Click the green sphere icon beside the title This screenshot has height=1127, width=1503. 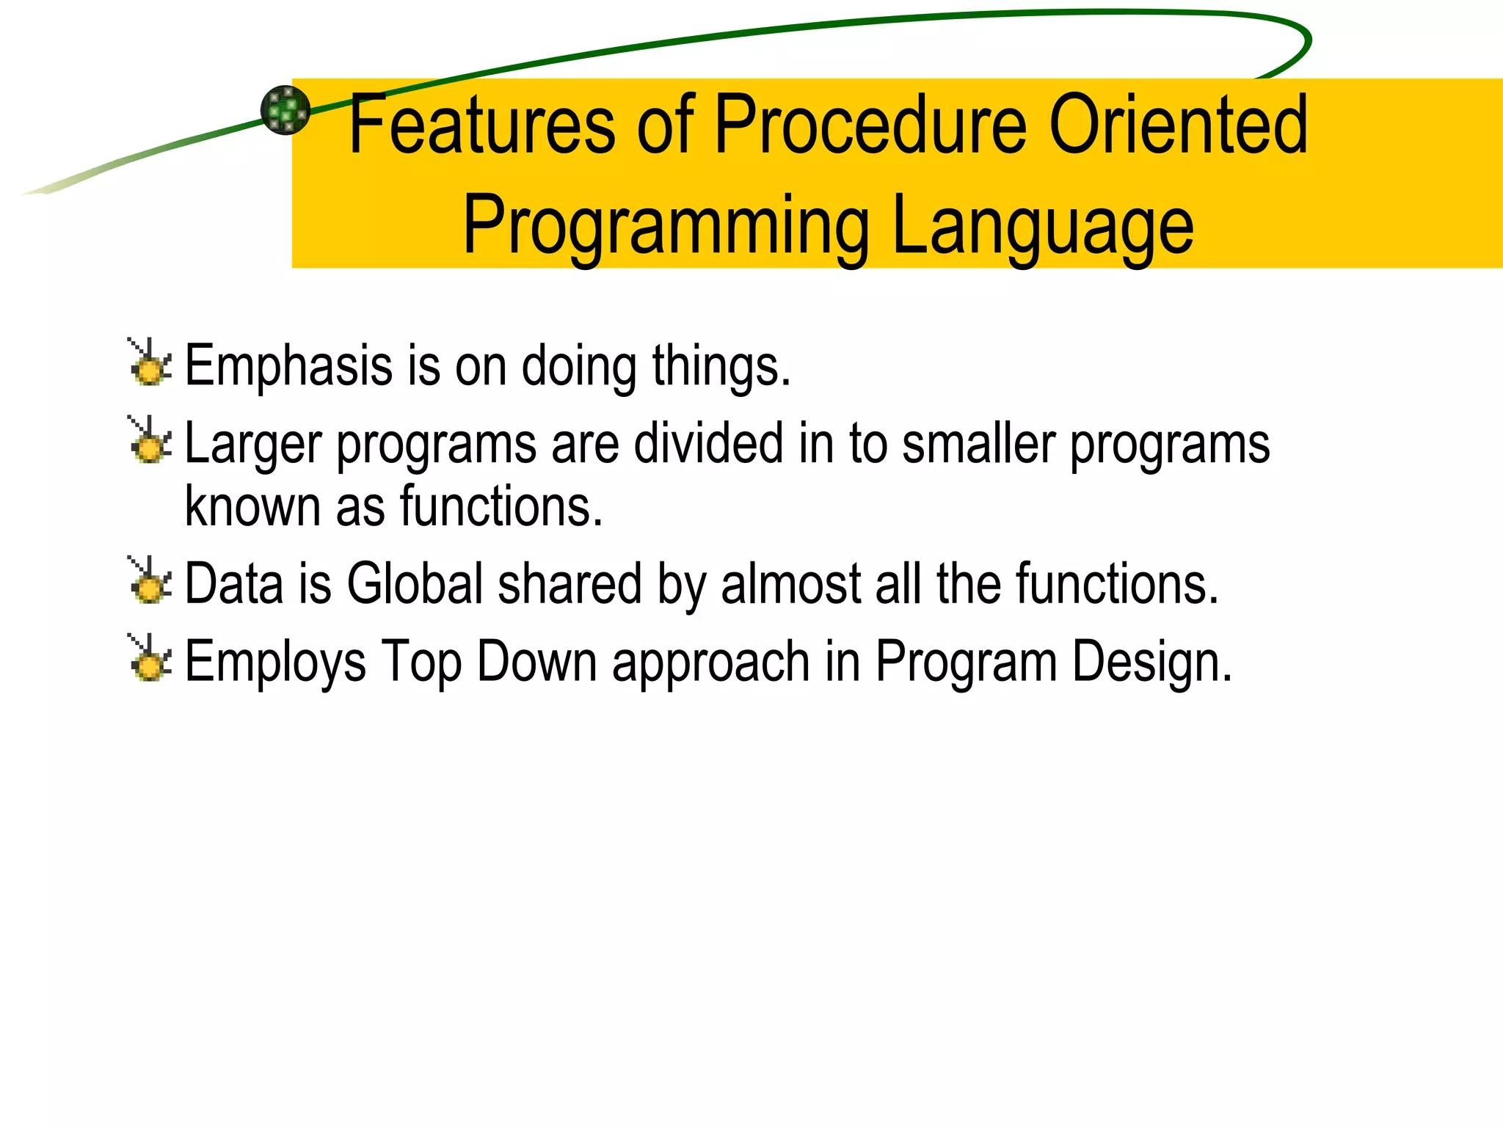click(285, 110)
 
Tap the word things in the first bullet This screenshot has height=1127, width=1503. click(721, 366)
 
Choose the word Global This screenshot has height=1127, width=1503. click(415, 584)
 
